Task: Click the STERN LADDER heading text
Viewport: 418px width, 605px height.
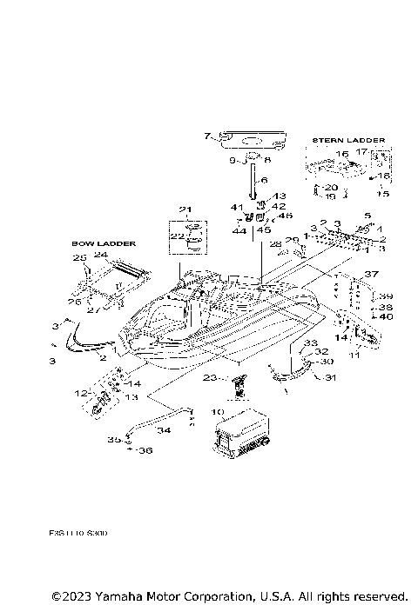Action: click(x=345, y=139)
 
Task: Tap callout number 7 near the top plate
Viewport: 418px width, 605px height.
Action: click(x=206, y=136)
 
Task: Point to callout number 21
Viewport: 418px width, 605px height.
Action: click(x=184, y=209)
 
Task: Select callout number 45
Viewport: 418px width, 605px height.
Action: click(x=264, y=230)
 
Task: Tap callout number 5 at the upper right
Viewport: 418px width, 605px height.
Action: click(x=367, y=215)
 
